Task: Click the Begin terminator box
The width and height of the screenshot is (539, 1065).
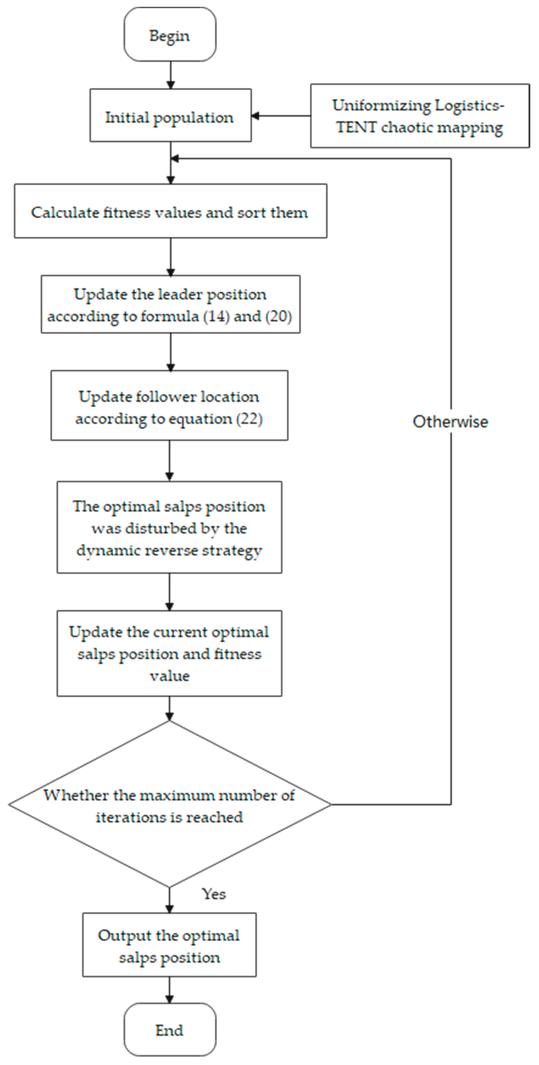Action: (x=170, y=35)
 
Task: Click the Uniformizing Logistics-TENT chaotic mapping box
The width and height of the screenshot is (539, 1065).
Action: (x=419, y=116)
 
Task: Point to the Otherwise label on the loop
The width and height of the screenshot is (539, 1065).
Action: (x=450, y=422)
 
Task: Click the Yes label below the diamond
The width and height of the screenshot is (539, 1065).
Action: (x=214, y=894)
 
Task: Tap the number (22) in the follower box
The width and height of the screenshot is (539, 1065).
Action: (x=249, y=419)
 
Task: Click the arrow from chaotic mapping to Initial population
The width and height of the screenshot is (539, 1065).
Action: (x=281, y=116)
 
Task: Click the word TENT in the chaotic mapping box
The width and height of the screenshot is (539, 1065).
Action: (x=356, y=127)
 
